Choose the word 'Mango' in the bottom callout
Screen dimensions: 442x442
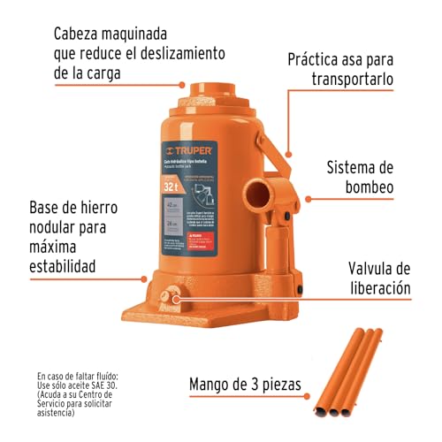click(x=216, y=385)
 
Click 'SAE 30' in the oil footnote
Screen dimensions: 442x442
click(x=126, y=387)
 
